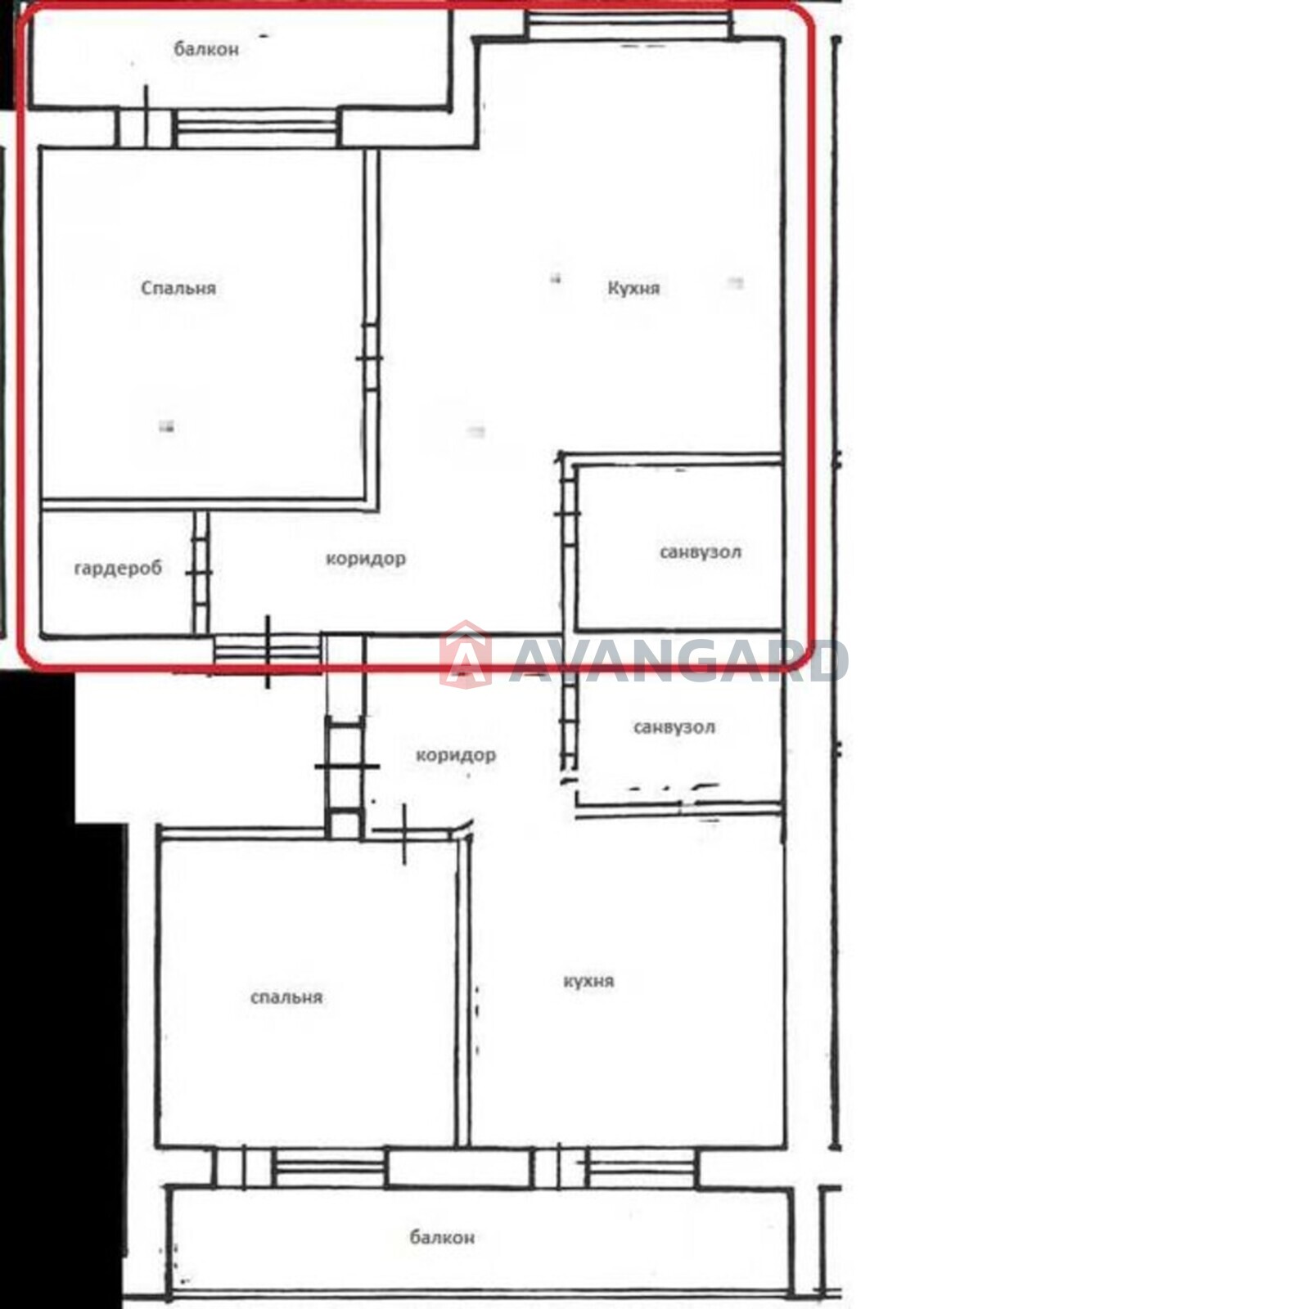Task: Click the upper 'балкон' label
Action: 206,49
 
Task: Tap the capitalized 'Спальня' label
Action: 178,288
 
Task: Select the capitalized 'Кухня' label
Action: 633,288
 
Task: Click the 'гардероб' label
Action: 118,568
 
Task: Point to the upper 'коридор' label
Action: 366,559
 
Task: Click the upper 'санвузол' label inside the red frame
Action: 701,552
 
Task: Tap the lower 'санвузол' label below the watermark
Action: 674,727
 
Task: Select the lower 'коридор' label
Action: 456,755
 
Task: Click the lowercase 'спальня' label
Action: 286,997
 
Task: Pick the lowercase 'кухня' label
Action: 588,981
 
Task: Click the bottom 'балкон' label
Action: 442,1237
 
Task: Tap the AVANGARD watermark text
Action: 678,661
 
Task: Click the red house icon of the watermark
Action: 466,654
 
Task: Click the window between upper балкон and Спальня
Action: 257,128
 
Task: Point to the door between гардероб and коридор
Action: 201,572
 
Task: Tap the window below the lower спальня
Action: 329,1167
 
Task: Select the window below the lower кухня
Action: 641,1167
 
